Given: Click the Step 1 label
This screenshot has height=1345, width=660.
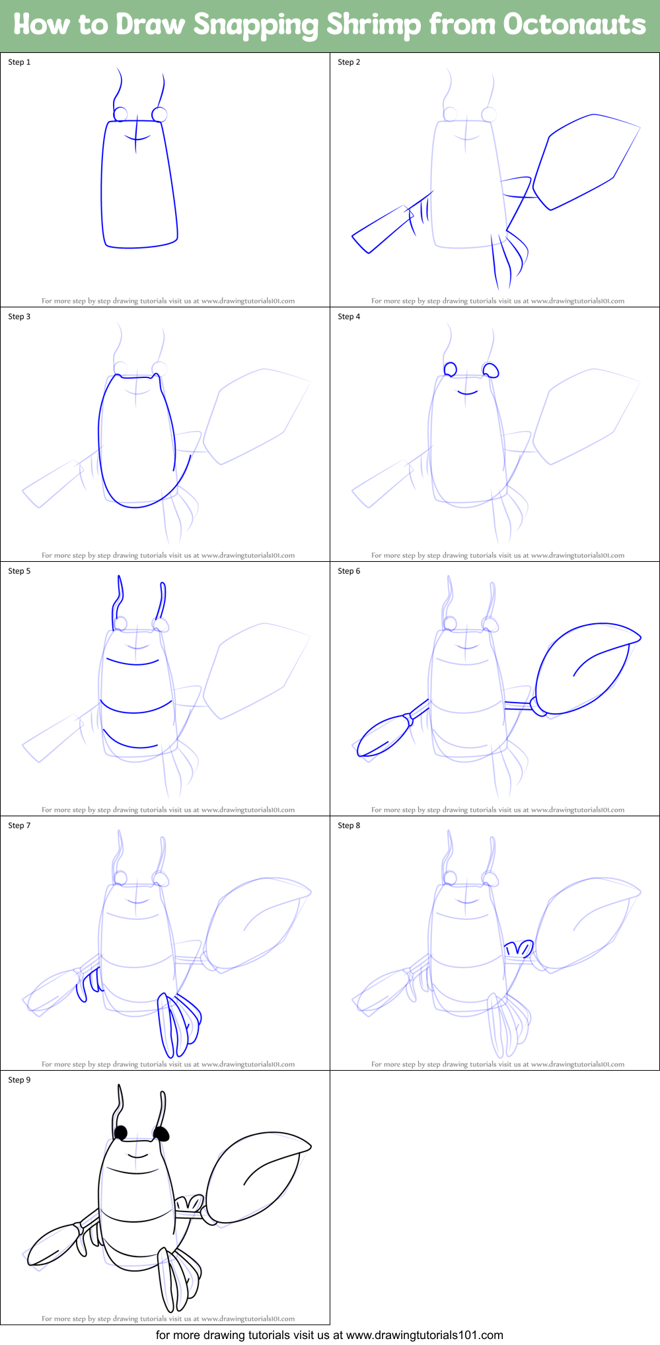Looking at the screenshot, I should point(19,62).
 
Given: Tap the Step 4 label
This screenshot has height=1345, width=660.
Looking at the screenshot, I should point(349,317).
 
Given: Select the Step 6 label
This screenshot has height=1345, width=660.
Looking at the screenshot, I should point(349,571).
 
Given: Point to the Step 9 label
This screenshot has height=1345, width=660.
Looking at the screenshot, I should point(19,1080).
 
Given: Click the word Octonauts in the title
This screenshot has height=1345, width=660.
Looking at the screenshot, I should point(573,25).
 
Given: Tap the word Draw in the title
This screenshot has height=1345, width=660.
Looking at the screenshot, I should point(150,25).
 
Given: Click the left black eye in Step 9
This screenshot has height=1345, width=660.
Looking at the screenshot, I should point(121,1133).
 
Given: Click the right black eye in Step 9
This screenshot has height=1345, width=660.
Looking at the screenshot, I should point(162,1135).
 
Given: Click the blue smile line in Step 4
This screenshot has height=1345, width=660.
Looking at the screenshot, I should point(467,393).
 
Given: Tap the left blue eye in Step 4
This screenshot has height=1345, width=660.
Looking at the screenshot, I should point(450,369).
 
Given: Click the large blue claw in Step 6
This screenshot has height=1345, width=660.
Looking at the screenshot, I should point(581,668).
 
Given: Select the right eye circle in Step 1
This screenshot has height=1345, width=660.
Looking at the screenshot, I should point(159,115).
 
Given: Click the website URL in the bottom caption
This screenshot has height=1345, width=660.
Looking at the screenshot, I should point(424,1335).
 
